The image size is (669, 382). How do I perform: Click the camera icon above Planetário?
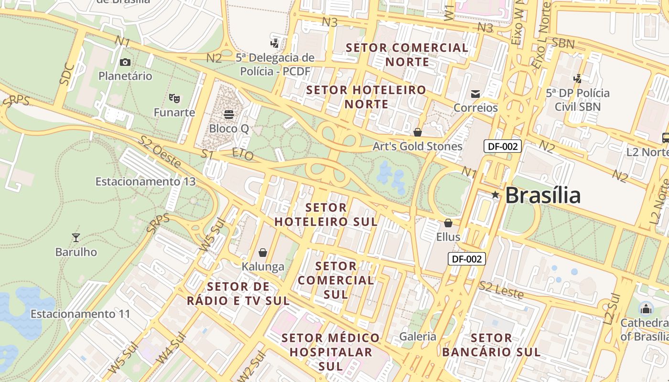(x=125, y=62)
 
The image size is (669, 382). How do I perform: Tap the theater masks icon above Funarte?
(x=174, y=99)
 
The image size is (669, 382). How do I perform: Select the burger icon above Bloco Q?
(x=229, y=115)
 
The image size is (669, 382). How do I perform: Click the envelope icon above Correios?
(x=475, y=94)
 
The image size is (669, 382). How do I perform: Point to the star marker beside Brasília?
(x=496, y=195)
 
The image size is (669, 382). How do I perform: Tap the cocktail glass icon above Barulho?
(x=76, y=237)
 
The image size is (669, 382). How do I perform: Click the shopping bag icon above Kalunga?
(x=262, y=252)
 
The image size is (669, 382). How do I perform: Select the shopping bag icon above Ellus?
(x=448, y=223)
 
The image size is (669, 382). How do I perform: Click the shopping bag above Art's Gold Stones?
(x=418, y=132)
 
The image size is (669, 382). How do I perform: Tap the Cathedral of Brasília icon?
(x=646, y=308)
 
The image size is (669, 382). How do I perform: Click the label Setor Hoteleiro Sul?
(x=326, y=215)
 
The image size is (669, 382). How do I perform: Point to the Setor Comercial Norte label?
(x=407, y=54)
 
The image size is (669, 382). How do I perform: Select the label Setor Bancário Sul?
(x=491, y=345)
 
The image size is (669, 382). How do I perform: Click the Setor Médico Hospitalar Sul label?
(x=331, y=352)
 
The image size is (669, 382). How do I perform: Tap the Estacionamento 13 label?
(x=146, y=181)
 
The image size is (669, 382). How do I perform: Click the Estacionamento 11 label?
(x=80, y=314)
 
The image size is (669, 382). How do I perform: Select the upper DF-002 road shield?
(x=502, y=146)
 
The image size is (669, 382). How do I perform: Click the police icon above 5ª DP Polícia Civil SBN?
(x=578, y=78)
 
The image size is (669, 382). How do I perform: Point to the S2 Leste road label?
(x=501, y=289)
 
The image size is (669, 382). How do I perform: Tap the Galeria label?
(x=418, y=336)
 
